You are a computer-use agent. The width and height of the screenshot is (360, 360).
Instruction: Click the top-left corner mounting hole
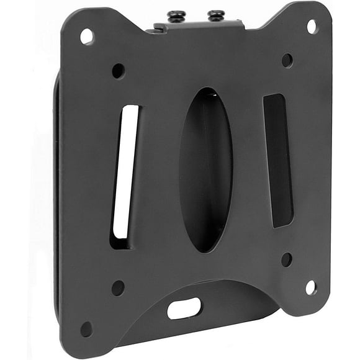(x=87, y=37)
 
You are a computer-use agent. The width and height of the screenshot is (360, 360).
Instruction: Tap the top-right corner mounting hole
(x=312, y=27)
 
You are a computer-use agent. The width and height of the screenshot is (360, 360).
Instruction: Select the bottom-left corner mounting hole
(x=86, y=328)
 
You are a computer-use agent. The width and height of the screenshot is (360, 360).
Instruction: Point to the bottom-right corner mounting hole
(x=310, y=287)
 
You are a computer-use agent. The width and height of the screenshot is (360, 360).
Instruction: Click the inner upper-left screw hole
(x=118, y=71)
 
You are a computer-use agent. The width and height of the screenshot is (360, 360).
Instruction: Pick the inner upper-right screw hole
(x=287, y=60)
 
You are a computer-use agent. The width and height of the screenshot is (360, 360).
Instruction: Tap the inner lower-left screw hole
(x=117, y=287)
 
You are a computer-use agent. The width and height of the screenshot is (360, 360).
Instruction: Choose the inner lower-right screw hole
(x=286, y=259)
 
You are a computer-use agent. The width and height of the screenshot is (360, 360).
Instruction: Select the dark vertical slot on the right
(x=277, y=160)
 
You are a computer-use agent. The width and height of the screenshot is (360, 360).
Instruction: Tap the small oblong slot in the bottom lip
(x=184, y=308)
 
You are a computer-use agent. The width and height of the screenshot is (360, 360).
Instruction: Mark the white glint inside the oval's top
(x=212, y=95)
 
